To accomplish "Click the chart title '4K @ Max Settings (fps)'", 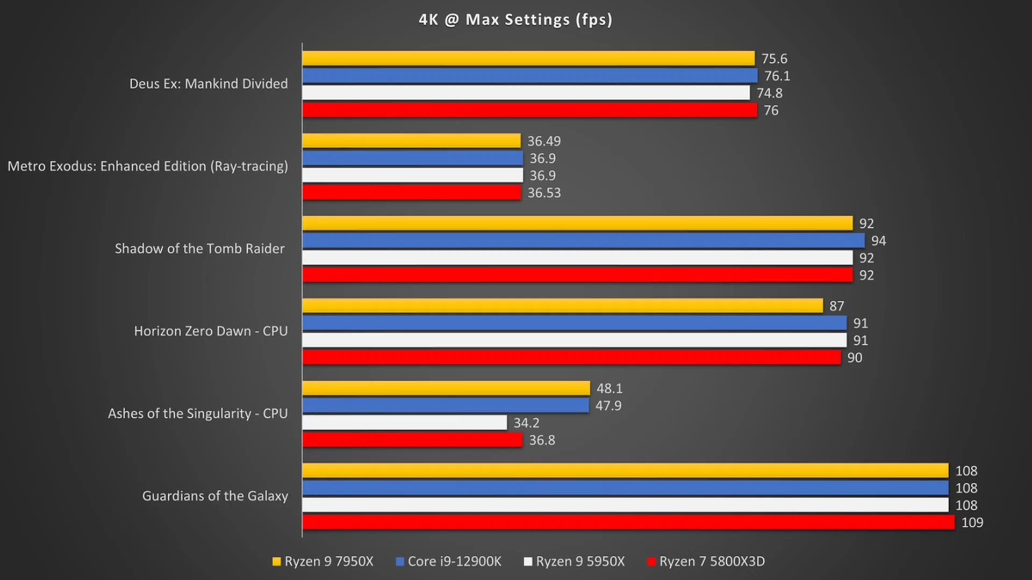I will [515, 20].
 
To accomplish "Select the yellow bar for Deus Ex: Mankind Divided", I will [528, 58].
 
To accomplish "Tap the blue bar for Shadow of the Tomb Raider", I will [583, 240].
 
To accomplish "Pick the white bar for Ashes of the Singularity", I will [404, 423].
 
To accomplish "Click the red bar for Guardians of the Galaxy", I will [628, 522].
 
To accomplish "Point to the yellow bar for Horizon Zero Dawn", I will [562, 306].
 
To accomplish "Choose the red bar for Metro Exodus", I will [412, 192].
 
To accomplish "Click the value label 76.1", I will [777, 76].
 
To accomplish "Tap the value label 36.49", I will [544, 141].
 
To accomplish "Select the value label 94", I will [878, 241].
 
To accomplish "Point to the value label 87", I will [836, 306].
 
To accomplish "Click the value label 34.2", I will [526, 423].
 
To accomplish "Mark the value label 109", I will [972, 523].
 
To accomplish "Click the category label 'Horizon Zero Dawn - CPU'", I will [211, 331].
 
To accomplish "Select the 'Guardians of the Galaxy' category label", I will [215, 496].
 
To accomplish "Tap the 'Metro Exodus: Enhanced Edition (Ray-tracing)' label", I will [148, 166].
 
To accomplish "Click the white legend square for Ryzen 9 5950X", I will [528, 561].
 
